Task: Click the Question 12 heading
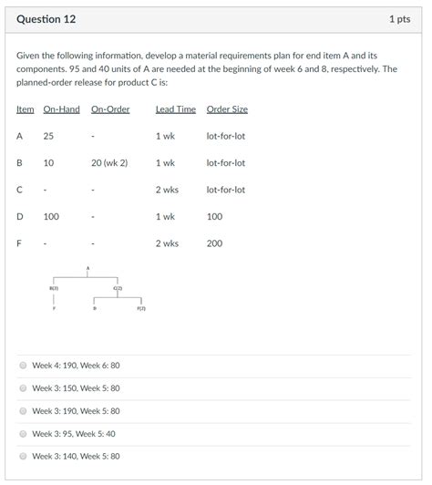pyautogui.click(x=45, y=18)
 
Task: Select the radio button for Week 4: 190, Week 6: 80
pyautogui.click(x=24, y=366)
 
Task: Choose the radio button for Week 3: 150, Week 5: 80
pyautogui.click(x=24, y=388)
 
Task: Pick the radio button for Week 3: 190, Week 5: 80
pyautogui.click(x=24, y=411)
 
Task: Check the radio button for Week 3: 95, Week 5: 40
pyautogui.click(x=24, y=434)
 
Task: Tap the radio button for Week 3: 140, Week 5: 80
pyautogui.click(x=24, y=457)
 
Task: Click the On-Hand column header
pyautogui.click(x=62, y=109)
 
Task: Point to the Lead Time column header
pyautogui.click(x=175, y=109)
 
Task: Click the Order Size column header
pyautogui.click(x=227, y=109)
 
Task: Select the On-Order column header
pyautogui.click(x=110, y=109)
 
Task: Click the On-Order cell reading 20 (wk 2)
pyautogui.click(x=109, y=163)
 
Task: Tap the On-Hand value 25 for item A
pyautogui.click(x=48, y=136)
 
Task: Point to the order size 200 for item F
pyautogui.click(x=214, y=243)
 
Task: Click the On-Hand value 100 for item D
pyautogui.click(x=51, y=217)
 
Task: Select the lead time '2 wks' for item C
pyautogui.click(x=166, y=190)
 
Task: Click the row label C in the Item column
pyautogui.click(x=19, y=190)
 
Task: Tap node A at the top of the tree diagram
pyautogui.click(x=88, y=267)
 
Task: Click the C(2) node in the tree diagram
pyautogui.click(x=118, y=288)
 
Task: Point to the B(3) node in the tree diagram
pyautogui.click(x=55, y=288)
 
